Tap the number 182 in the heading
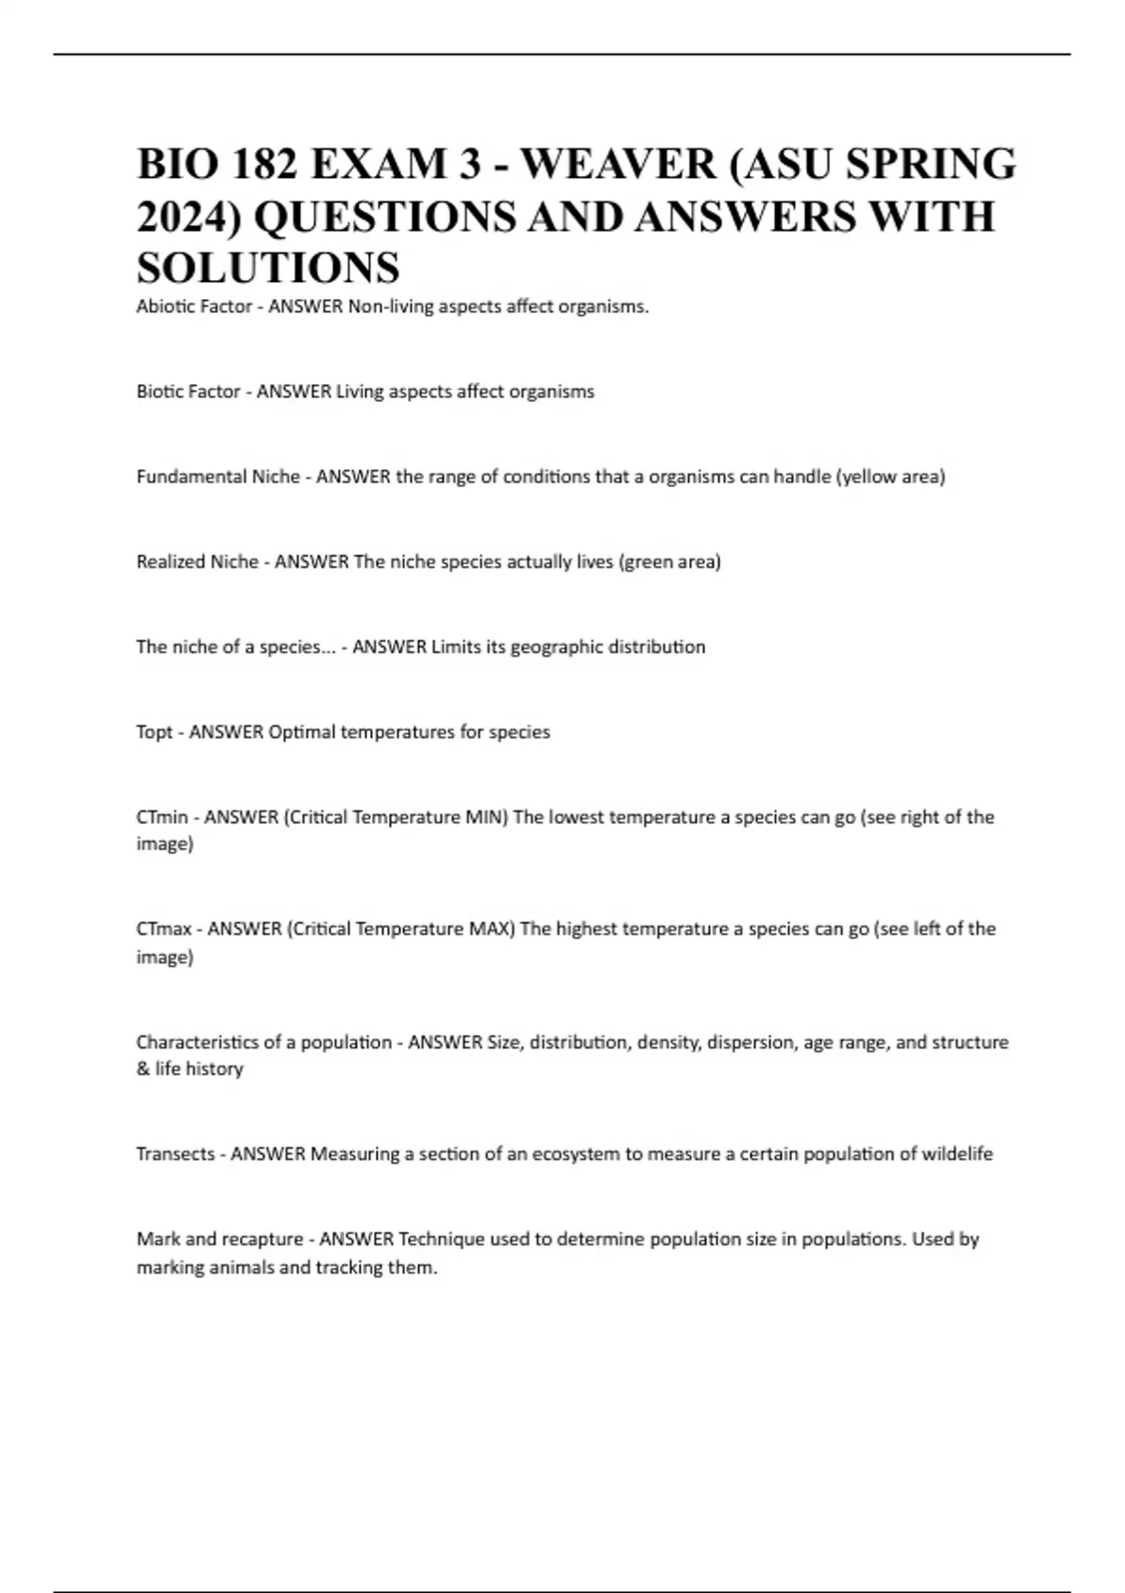tap(260, 164)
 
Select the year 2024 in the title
tap(187, 216)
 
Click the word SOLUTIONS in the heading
tap(268, 268)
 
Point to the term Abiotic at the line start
tap(164, 306)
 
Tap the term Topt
tap(155, 732)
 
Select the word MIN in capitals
tap(485, 817)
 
